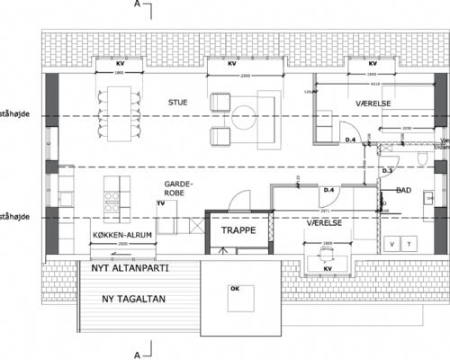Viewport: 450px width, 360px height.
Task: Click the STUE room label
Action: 177,102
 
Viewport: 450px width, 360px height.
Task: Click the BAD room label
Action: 404,191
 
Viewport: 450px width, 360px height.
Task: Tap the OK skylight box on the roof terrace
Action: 235,289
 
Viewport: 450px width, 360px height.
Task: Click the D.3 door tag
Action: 388,169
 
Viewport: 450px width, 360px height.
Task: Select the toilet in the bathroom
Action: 422,159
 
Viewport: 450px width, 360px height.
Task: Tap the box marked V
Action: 392,244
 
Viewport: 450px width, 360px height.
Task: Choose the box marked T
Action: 409,244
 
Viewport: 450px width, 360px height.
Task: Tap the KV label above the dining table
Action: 121,65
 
